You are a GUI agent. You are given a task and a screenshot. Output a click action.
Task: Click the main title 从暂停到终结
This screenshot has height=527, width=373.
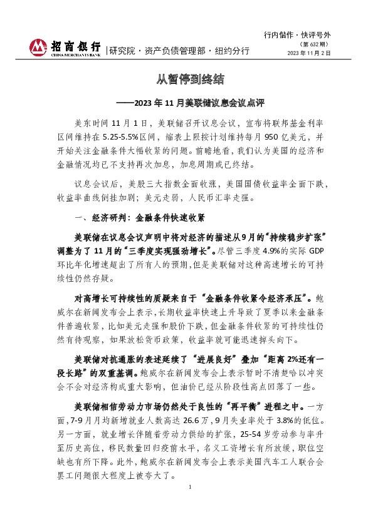(187, 80)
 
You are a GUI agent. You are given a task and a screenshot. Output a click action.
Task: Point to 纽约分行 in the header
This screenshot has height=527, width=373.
(232, 51)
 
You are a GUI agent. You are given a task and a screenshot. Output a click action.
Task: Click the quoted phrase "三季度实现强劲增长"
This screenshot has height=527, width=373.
(164, 249)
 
